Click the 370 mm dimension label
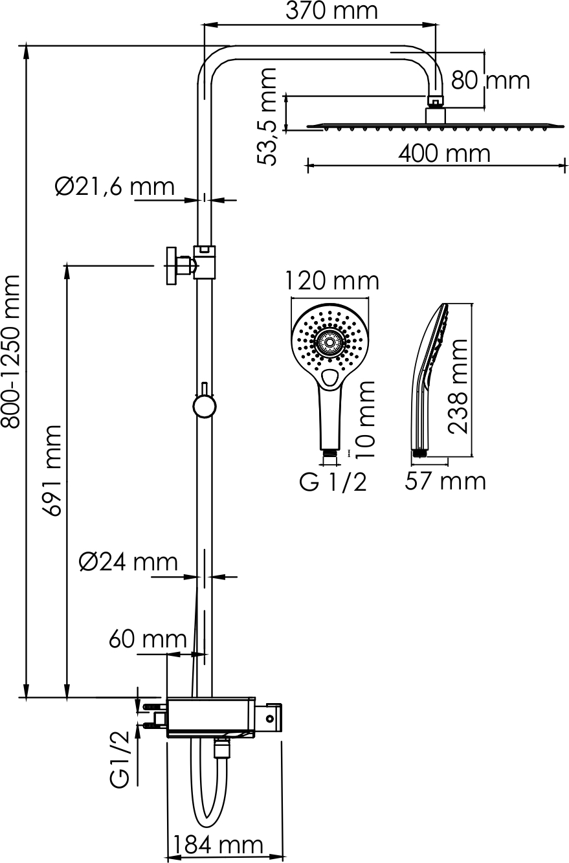point(331,11)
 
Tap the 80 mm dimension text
point(491,80)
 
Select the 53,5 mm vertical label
point(267,117)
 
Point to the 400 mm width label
point(444,153)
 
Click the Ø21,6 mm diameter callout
point(115,187)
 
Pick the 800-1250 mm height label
point(10,352)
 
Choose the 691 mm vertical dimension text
point(52,471)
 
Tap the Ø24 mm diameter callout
point(128,562)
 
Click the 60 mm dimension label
point(148,639)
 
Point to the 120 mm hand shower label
point(332,281)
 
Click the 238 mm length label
point(458,387)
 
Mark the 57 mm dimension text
point(445,481)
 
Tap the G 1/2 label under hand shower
point(333,482)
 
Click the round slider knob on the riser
point(204,406)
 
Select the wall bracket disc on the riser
point(172,266)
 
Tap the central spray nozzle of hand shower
point(329,342)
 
